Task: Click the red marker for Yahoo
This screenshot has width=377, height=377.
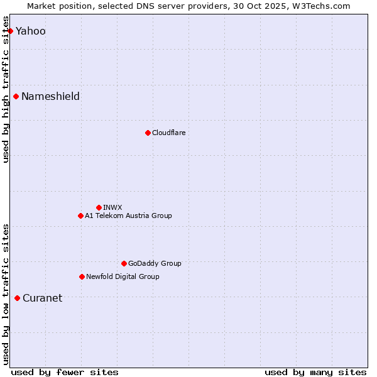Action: (x=10, y=31)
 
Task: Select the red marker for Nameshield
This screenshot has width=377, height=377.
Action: (x=16, y=96)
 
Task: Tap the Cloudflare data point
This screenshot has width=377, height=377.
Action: (x=148, y=133)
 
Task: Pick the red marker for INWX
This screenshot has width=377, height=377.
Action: (x=99, y=207)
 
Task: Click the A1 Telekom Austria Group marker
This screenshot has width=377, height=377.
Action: (x=80, y=216)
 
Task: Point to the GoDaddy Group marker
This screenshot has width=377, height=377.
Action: (x=124, y=263)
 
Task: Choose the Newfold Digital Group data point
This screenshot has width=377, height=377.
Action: (x=82, y=276)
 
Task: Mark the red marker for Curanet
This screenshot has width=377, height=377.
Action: (x=17, y=298)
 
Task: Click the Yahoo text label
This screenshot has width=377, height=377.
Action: (x=30, y=31)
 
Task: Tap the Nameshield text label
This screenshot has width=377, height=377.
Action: (x=50, y=96)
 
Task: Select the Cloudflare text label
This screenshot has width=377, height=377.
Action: (x=168, y=133)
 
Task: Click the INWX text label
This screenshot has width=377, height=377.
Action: (x=112, y=207)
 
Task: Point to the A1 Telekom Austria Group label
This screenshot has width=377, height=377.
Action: (x=128, y=216)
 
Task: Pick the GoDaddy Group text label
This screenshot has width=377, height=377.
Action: (x=155, y=263)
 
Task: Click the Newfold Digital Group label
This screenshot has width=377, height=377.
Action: (x=123, y=276)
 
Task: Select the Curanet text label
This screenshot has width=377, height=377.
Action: (x=42, y=298)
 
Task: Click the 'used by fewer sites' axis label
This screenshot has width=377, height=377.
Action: (x=65, y=372)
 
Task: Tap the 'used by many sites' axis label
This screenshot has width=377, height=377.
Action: (x=315, y=372)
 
